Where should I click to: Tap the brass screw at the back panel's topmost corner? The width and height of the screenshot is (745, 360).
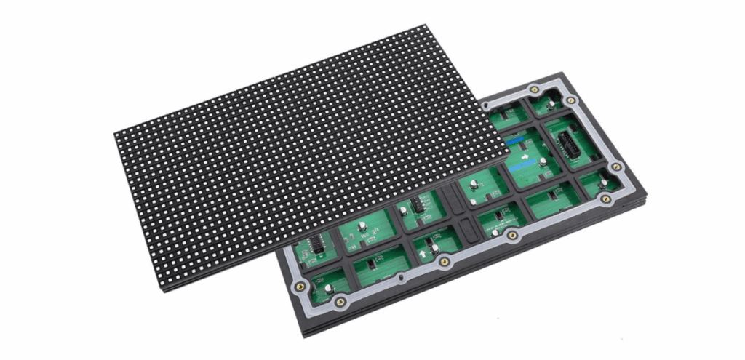pyautogui.click(x=534, y=89)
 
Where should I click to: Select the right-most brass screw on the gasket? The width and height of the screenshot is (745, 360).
pyautogui.click(x=615, y=167)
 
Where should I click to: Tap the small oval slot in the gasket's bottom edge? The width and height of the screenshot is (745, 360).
pyautogui.click(x=401, y=277)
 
